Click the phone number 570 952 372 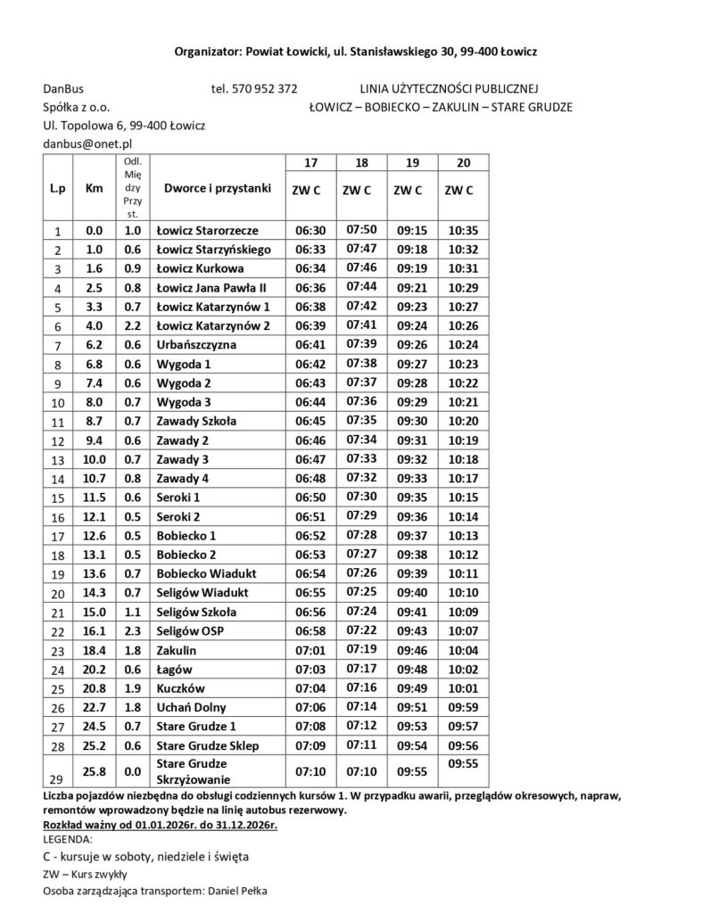[x=266, y=89]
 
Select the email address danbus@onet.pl [x=88, y=143]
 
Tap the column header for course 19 [x=411, y=163]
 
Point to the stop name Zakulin [x=177, y=650]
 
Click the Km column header [x=94, y=189]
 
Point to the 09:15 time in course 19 [x=411, y=230]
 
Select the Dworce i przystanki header [x=217, y=189]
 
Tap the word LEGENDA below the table [x=68, y=839]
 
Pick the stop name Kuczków [x=180, y=688]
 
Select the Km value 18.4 [x=94, y=650]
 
